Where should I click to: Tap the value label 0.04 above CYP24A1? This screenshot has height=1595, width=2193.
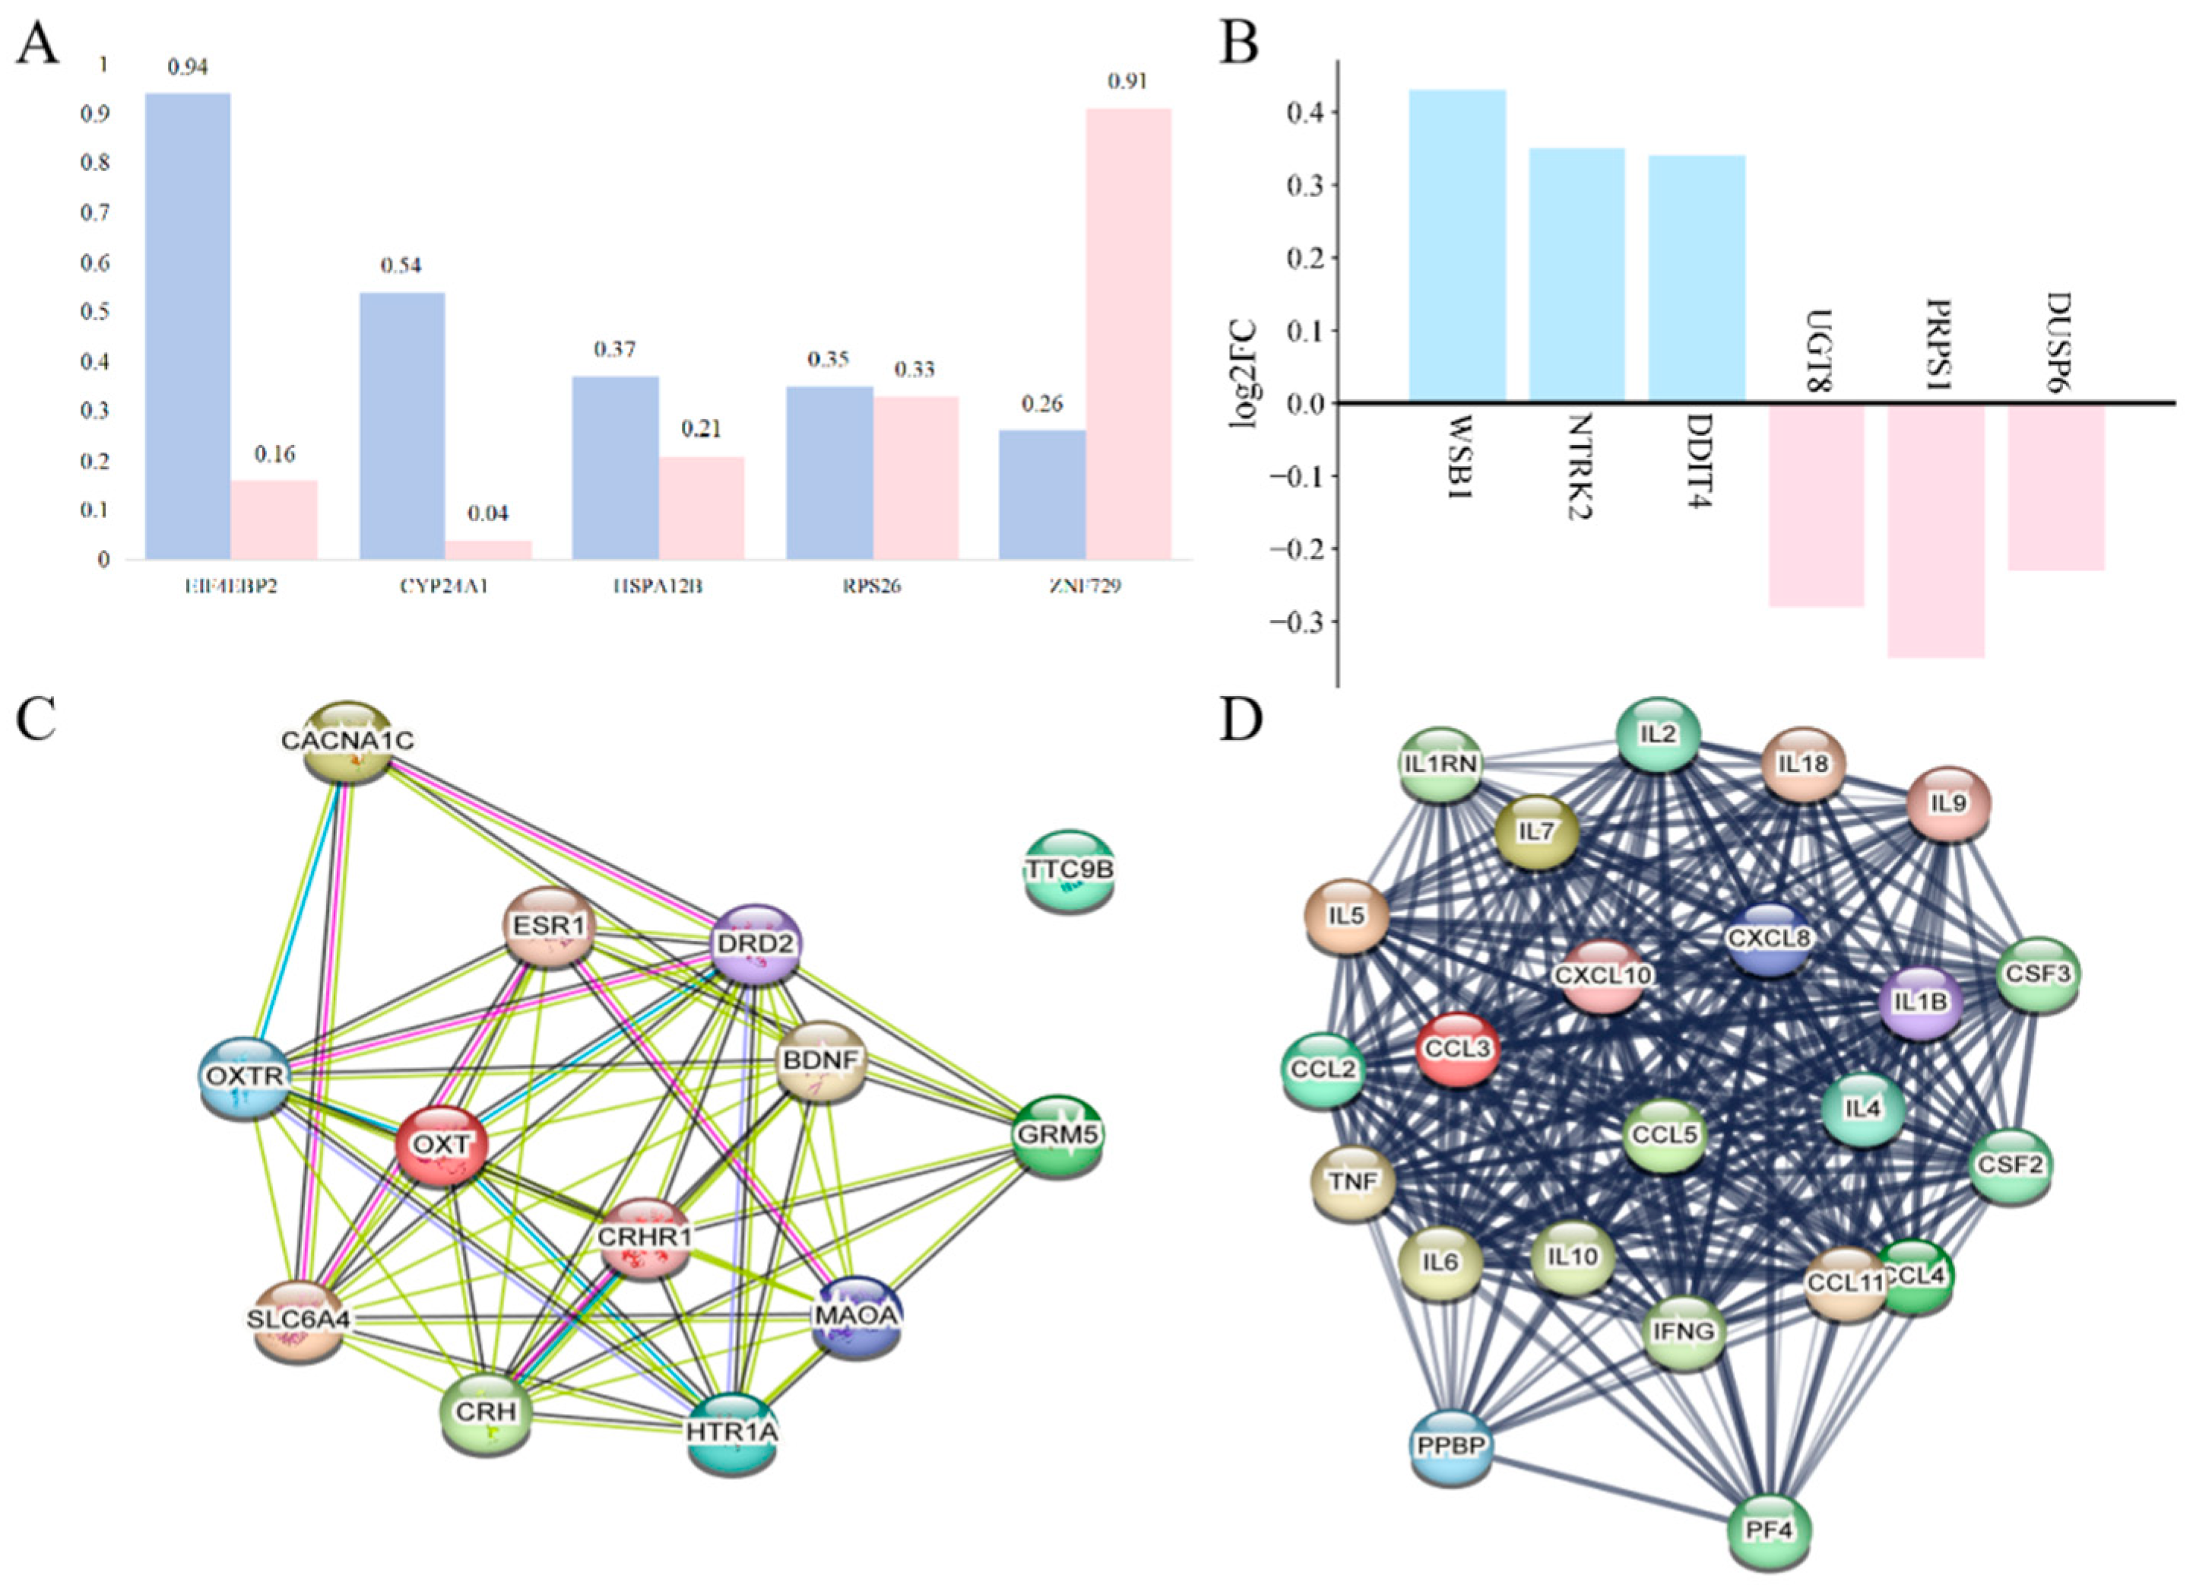click(487, 513)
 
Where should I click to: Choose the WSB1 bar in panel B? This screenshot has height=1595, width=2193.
click(1456, 246)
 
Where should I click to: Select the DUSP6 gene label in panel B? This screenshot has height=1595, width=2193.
click(2057, 342)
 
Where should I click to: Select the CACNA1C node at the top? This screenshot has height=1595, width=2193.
click(348, 741)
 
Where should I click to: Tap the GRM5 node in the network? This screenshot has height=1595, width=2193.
click(1058, 1135)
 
